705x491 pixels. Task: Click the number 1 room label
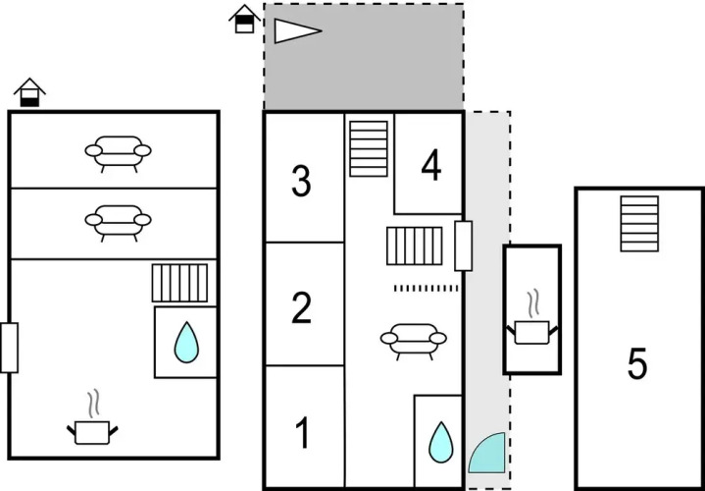tap(303, 431)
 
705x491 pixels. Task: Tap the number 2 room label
tap(302, 308)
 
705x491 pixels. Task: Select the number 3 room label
tap(302, 181)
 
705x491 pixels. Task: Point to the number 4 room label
tap(430, 168)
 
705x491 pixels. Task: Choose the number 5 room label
tap(637, 365)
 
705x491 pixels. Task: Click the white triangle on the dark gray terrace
tap(295, 31)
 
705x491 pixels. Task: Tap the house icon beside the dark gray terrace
tap(244, 19)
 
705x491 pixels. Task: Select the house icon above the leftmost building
tap(30, 92)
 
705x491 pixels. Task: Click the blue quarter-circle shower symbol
tap(486, 454)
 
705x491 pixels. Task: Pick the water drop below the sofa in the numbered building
tap(441, 443)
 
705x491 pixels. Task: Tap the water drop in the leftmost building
tap(185, 343)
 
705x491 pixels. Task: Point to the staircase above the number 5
tap(639, 223)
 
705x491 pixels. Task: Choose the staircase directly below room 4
tap(415, 245)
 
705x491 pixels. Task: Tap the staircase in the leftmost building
tap(180, 283)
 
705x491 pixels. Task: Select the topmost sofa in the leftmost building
tap(118, 152)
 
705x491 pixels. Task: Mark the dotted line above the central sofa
tap(426, 288)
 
